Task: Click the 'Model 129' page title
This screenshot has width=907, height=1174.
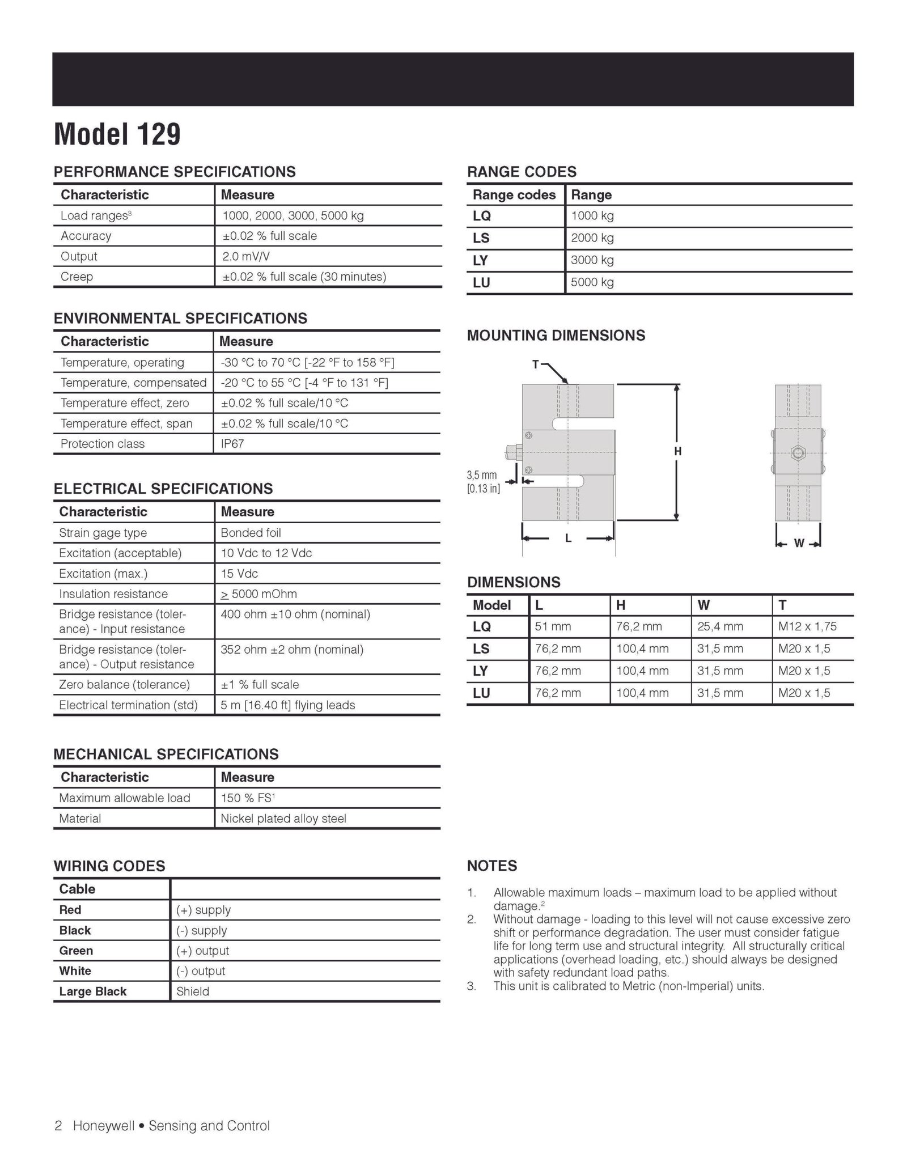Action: point(117,135)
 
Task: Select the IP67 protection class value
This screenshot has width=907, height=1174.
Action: point(232,444)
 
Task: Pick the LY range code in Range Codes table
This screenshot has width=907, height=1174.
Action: point(481,260)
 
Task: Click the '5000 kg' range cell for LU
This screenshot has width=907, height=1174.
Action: point(592,282)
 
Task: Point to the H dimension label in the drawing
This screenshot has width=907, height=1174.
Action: point(677,452)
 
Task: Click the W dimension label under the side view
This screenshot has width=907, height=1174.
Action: point(799,543)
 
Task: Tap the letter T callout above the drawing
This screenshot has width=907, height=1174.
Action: point(535,365)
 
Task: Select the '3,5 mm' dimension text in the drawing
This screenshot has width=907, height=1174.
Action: point(482,475)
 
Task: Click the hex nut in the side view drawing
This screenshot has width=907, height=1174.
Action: point(798,452)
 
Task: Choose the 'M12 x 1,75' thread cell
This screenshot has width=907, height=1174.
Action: point(807,626)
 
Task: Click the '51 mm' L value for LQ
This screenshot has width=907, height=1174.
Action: point(553,626)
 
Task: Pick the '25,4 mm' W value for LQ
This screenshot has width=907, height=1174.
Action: point(720,626)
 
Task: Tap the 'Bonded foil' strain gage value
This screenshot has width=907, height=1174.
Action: point(251,533)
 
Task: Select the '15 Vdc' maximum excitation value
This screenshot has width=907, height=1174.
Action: point(239,574)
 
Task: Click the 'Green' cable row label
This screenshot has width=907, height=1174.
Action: point(76,951)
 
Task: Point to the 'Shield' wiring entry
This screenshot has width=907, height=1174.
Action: point(193,991)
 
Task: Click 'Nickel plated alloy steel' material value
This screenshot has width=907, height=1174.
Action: point(283,819)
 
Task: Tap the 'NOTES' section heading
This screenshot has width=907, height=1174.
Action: point(492,866)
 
